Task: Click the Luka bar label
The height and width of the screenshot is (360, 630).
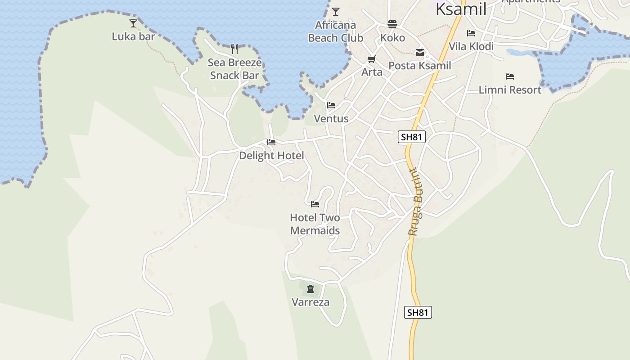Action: pyautogui.click(x=133, y=36)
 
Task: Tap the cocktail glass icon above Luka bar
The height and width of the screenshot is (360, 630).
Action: pyautogui.click(x=133, y=23)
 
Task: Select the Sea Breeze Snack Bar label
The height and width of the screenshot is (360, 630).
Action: pyautogui.click(x=234, y=69)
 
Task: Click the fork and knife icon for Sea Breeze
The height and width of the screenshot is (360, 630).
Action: pyautogui.click(x=234, y=49)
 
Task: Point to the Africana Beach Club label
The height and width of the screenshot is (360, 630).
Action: pyautogui.click(x=335, y=31)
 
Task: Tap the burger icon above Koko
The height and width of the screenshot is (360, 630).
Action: pyautogui.click(x=392, y=24)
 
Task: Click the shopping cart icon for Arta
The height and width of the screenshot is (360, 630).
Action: pyautogui.click(x=372, y=59)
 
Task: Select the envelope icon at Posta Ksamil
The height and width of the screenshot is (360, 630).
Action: pyautogui.click(x=420, y=53)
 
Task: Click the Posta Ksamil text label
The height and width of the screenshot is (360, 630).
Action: pyautogui.click(x=419, y=66)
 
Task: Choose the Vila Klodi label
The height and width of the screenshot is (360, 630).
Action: pyautogui.click(x=471, y=46)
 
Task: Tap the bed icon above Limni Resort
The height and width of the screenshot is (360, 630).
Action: pyautogui.click(x=510, y=76)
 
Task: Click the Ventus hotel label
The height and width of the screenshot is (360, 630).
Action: pyautogui.click(x=331, y=119)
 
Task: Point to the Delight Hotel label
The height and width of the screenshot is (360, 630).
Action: pyautogui.click(x=271, y=156)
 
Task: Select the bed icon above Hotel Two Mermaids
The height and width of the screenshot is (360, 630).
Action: pyautogui.click(x=315, y=204)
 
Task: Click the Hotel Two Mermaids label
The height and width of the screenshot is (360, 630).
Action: pyautogui.click(x=315, y=224)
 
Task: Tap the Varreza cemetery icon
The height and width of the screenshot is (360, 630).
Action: pyautogui.click(x=310, y=289)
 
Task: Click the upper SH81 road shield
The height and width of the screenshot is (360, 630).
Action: pyautogui.click(x=412, y=137)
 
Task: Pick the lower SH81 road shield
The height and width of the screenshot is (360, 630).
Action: pyautogui.click(x=418, y=312)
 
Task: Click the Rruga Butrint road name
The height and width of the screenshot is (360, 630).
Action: pyautogui.click(x=414, y=202)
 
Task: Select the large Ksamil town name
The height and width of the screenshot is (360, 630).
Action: pyautogui.click(x=461, y=9)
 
